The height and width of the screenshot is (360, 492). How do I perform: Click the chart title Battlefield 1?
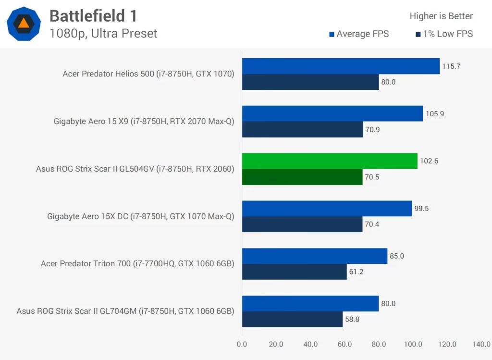93,16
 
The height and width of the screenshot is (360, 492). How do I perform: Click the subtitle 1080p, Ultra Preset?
103,34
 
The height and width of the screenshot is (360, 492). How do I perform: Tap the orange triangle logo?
24,23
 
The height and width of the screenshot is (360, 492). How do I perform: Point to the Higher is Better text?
441,16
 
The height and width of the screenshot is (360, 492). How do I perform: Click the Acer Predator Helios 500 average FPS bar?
341,66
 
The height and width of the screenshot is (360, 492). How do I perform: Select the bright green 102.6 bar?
330,161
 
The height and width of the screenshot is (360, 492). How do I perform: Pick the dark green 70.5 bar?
302,177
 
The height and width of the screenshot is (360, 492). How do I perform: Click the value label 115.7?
451,66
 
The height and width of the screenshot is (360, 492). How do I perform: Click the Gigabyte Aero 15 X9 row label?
144,121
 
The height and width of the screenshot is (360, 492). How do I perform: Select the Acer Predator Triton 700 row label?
137,263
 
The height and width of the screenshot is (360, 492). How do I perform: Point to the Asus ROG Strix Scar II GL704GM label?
125,311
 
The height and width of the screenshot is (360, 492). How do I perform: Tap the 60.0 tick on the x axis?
344,344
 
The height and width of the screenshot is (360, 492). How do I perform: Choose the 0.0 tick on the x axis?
242,344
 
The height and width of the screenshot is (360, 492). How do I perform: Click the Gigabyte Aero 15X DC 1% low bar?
302,224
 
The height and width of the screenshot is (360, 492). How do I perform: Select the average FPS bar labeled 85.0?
315,256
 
